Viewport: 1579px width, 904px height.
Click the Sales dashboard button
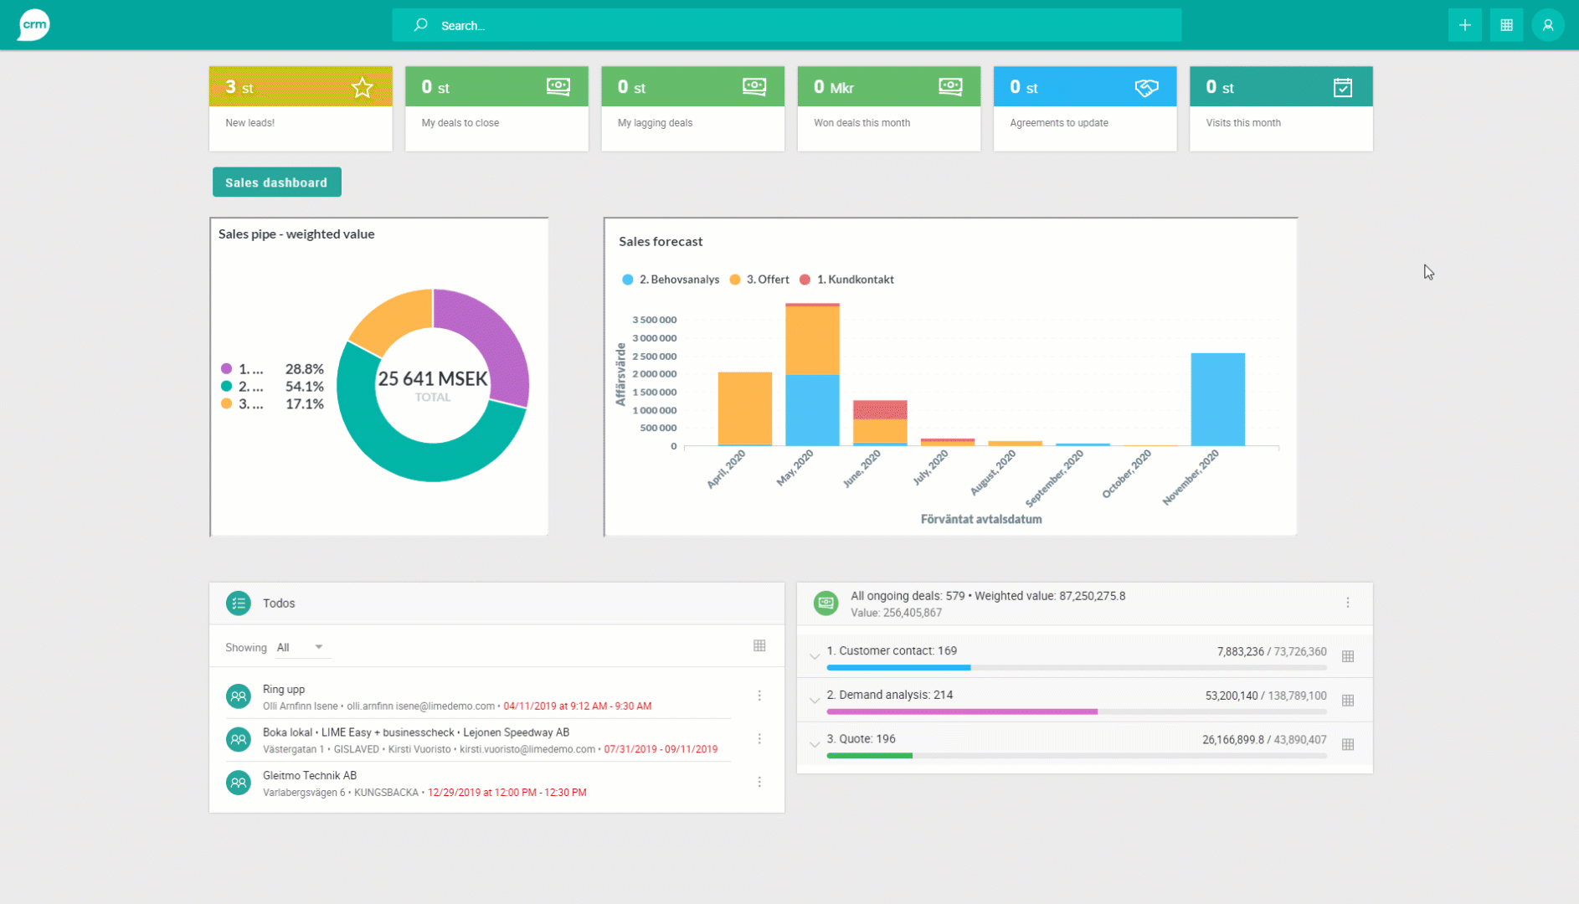tap(276, 182)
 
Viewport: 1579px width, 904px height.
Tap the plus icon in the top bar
tap(1464, 25)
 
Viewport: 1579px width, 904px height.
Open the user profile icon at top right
tap(1547, 25)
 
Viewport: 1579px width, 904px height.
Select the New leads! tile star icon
tap(362, 87)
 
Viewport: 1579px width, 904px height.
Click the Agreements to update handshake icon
tap(1145, 87)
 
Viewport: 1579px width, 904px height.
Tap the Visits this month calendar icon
tap(1342, 87)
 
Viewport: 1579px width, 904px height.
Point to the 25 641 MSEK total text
tap(432, 379)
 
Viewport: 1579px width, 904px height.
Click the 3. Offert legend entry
tap(760, 280)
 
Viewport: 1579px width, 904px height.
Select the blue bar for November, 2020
tap(1217, 399)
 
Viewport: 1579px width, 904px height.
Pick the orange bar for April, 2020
tap(744, 408)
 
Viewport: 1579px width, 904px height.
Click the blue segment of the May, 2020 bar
tap(812, 410)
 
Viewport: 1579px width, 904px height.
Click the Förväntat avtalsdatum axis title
tap(980, 519)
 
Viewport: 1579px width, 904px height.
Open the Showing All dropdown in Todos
tap(301, 647)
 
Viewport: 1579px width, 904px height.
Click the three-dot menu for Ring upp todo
tap(759, 696)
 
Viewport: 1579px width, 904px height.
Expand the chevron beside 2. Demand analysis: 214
tap(814, 700)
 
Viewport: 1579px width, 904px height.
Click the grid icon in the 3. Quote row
tap(1347, 744)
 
